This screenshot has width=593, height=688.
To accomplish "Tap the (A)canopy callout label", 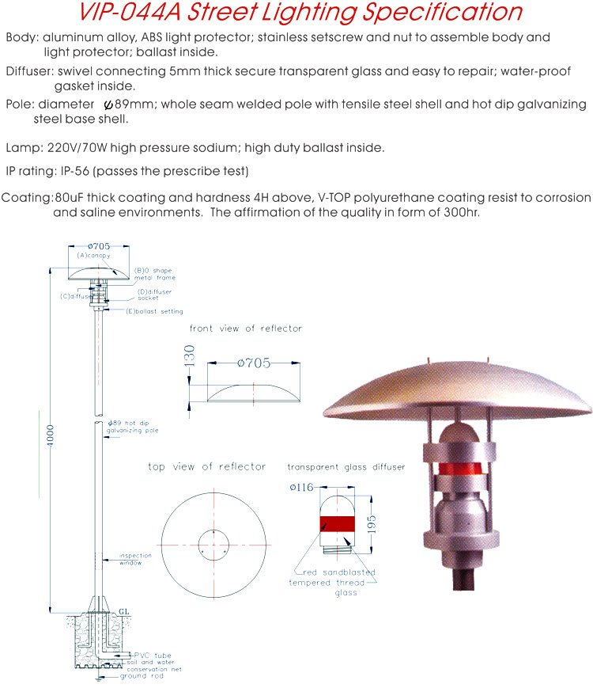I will (x=94, y=257).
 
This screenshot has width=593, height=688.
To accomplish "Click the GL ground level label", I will (x=123, y=610).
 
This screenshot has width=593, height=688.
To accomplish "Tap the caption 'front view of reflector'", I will (x=245, y=328).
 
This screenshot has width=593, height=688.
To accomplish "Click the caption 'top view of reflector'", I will (x=206, y=466).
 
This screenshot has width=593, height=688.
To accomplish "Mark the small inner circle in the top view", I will (x=213, y=546).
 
